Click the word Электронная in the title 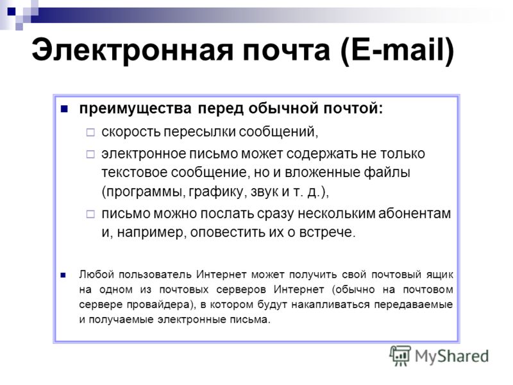133,51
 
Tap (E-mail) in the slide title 397,51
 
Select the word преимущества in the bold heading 135,108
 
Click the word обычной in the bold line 283,108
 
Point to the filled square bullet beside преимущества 64,109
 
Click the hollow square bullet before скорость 90,132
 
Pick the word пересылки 199,132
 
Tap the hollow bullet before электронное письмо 90,154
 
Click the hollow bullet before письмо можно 90,214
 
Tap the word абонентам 414,214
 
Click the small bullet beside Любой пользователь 63,275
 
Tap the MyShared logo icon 400,356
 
